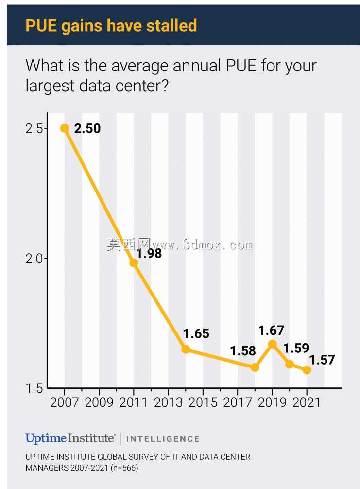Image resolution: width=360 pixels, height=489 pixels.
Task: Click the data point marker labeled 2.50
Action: [65, 128]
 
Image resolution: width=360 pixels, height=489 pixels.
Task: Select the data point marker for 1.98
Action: [134, 263]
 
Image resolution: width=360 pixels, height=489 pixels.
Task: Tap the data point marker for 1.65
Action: [186, 349]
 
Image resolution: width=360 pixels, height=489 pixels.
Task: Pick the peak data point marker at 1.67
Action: [273, 344]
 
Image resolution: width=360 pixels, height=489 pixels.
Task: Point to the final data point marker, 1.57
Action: [307, 370]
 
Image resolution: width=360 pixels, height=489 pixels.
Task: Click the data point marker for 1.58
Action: [255, 367]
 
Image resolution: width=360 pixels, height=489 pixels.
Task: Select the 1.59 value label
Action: [296, 348]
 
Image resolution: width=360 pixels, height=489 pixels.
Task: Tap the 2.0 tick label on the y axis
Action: [34, 259]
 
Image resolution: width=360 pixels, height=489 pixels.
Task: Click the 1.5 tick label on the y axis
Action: [34, 388]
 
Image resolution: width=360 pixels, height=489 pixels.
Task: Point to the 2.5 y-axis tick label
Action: [34, 128]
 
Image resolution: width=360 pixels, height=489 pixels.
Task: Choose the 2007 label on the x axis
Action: [65, 402]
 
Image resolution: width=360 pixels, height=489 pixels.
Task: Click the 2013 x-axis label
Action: [168, 402]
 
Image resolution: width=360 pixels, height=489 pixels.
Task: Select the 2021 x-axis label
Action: [307, 402]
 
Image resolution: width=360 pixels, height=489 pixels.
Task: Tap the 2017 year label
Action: [238, 402]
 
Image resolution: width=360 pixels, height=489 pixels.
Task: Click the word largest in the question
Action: [50, 86]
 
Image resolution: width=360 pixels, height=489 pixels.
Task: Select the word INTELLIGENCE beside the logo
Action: [163, 439]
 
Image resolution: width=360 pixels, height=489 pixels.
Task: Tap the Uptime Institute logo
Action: [70, 438]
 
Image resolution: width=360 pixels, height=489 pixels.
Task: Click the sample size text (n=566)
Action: [124, 468]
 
